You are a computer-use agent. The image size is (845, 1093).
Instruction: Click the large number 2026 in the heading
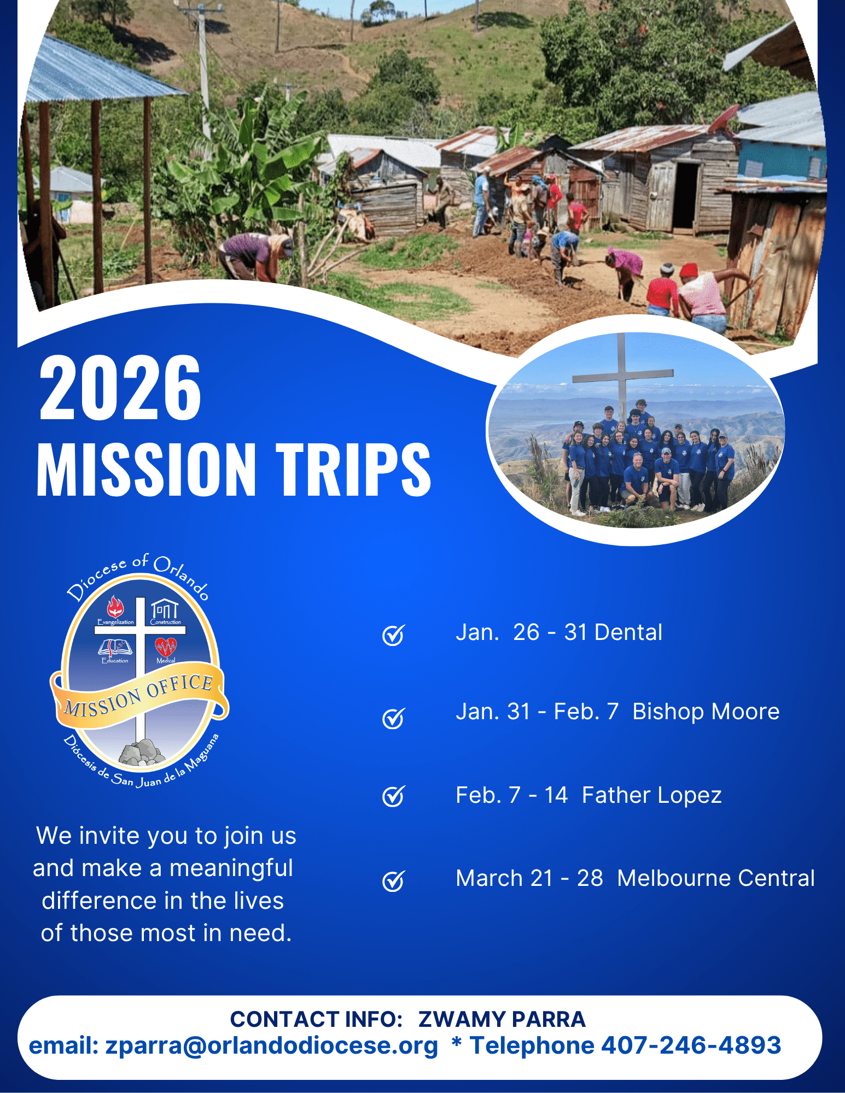(x=120, y=387)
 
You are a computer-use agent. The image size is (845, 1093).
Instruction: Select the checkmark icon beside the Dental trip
(x=393, y=634)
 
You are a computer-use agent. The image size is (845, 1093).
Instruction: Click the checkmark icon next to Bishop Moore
(x=393, y=718)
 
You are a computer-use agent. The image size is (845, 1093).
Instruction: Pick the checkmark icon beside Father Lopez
(x=393, y=796)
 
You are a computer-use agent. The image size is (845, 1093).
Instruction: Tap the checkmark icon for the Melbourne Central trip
(x=393, y=880)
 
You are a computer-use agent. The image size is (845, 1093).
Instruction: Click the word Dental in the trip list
(x=628, y=632)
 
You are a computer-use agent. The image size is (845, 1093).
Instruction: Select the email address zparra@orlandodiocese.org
(x=272, y=1046)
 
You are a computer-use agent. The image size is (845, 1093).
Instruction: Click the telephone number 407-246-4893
(x=691, y=1045)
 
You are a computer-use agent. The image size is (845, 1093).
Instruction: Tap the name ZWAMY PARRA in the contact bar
(x=502, y=1019)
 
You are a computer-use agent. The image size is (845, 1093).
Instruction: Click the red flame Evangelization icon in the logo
(x=115, y=606)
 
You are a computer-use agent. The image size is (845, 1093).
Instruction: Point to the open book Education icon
(x=115, y=648)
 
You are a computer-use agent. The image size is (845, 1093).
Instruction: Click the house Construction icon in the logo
(x=165, y=608)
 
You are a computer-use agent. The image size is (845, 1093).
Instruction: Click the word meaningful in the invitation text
(x=231, y=868)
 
